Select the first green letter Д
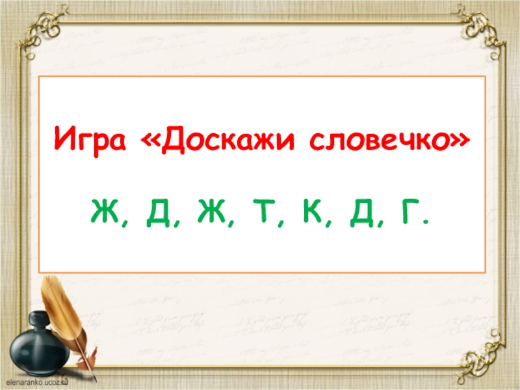[x=157, y=213]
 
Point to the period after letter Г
[x=425, y=223]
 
